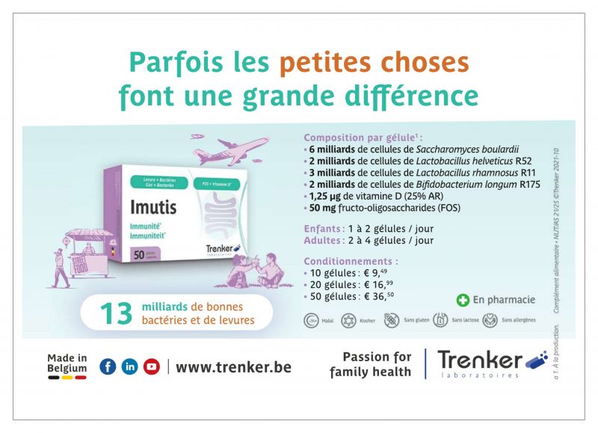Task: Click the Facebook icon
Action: [x=108, y=366]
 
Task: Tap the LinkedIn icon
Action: [x=129, y=366]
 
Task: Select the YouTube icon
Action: [x=152, y=366]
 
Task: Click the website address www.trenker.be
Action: [x=233, y=367]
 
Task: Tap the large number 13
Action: [x=116, y=313]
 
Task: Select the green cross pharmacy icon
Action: [x=463, y=300]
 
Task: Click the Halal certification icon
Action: [x=312, y=321]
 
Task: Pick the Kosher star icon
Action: [x=348, y=321]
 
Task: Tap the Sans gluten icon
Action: [x=391, y=321]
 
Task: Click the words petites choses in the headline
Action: [x=374, y=64]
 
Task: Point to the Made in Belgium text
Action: [x=67, y=363]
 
